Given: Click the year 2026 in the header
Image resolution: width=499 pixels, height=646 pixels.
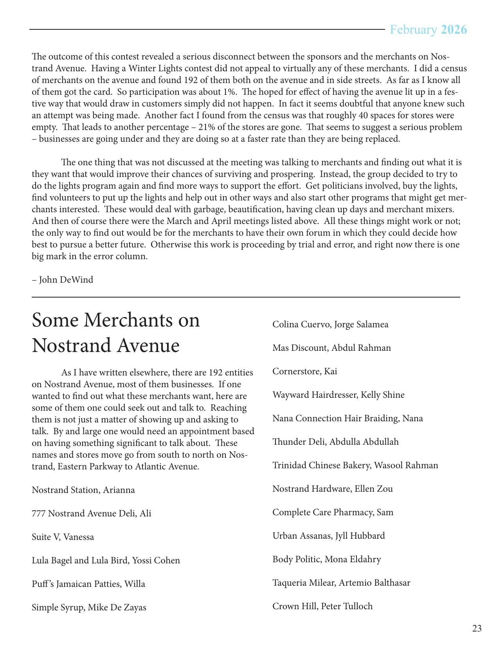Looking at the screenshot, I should click(x=454, y=30).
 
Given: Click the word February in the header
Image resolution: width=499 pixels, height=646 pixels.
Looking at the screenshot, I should click(x=413, y=30).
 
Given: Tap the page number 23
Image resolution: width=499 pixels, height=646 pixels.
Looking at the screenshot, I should click(x=477, y=628).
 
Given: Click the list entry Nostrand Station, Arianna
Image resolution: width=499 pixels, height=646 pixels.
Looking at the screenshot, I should click(x=83, y=490).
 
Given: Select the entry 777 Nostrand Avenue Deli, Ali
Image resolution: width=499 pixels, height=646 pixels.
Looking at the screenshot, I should click(x=91, y=513).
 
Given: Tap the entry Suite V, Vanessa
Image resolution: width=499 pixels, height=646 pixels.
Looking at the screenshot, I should click(x=63, y=537).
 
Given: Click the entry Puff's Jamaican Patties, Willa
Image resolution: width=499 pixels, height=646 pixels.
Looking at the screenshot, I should click(x=88, y=584).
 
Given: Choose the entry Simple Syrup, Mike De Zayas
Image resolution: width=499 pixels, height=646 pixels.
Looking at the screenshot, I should click(x=89, y=607).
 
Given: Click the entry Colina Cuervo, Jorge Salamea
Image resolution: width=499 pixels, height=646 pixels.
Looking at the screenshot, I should click(x=330, y=324).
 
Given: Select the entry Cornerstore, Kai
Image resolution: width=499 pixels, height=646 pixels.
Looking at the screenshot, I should click(x=304, y=371).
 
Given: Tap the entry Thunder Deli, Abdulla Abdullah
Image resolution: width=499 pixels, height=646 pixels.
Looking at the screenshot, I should click(x=335, y=442).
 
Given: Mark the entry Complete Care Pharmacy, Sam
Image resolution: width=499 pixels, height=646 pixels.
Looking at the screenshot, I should click(x=333, y=512).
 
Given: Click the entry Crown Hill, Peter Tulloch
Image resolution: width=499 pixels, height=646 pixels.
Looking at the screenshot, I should click(x=322, y=606).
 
